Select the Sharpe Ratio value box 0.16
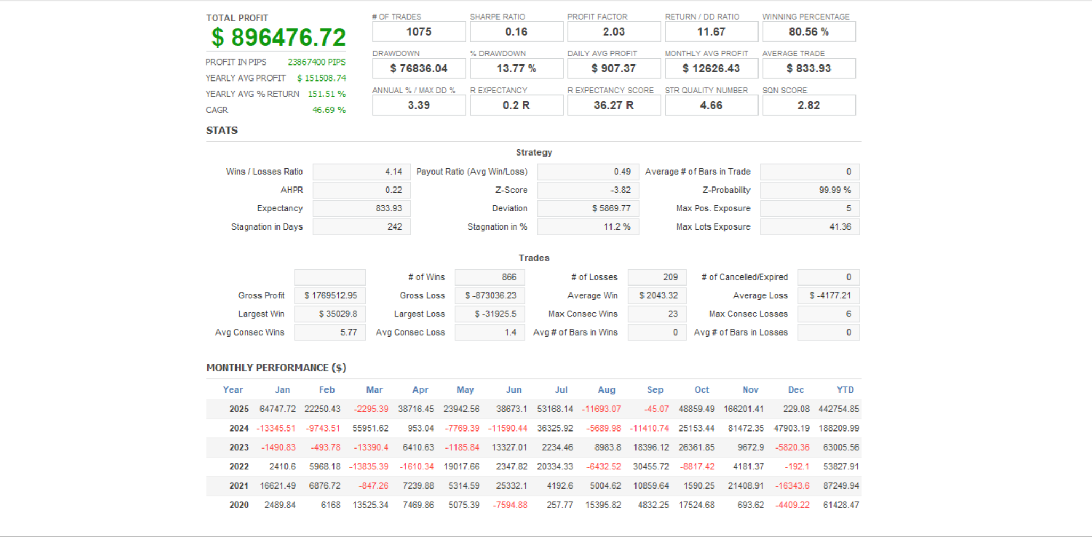coord(516,32)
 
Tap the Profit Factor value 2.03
coord(614,32)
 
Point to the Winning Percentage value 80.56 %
coord(809,32)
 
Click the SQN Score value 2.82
coord(809,105)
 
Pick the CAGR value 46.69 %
coord(329,110)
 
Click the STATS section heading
coord(222,131)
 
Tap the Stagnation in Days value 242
coord(394,227)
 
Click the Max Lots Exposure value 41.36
coord(840,227)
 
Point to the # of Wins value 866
coord(509,277)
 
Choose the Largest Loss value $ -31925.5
coord(495,314)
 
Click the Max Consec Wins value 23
coord(672,314)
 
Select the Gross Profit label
coord(261,296)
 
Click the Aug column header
coord(606,390)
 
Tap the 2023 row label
coord(239,447)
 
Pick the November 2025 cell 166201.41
coord(743,409)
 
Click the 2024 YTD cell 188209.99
coord(841,428)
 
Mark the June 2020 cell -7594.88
coord(510,505)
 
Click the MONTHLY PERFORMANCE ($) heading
coord(276,368)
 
